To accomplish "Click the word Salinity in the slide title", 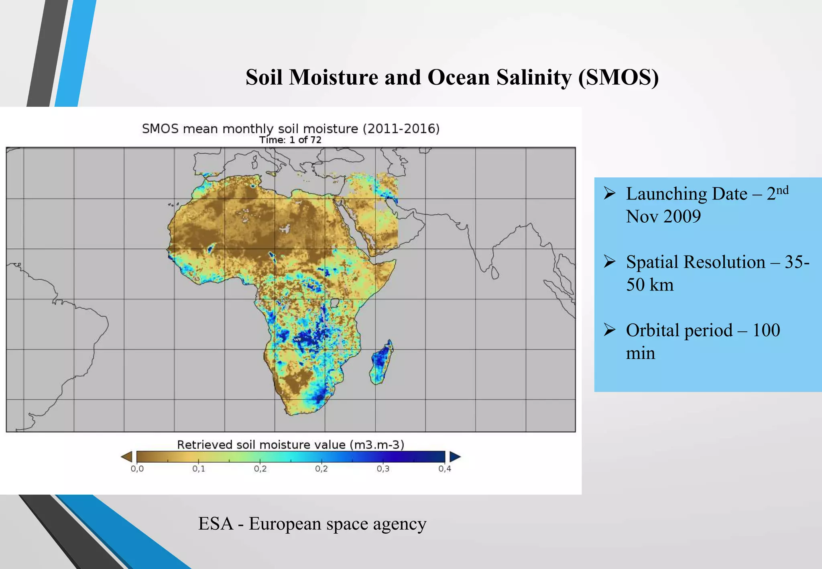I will point(533,77).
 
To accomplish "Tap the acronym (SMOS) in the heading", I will point(618,77).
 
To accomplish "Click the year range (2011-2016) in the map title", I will point(401,129).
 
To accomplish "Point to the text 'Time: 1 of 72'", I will point(290,140).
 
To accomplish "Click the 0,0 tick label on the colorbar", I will point(137,469).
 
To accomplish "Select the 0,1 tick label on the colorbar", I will point(198,469).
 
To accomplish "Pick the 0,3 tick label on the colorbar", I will point(383,469).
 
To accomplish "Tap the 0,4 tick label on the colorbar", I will point(444,469).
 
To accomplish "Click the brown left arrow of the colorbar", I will point(127,457).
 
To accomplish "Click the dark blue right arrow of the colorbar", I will point(455,457).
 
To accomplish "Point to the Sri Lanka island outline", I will point(495,273).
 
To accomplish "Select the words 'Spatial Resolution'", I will point(696,262).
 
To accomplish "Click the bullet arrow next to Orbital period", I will point(609,330).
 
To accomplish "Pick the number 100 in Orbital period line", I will point(766,330).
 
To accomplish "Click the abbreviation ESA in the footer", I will point(216,524).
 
